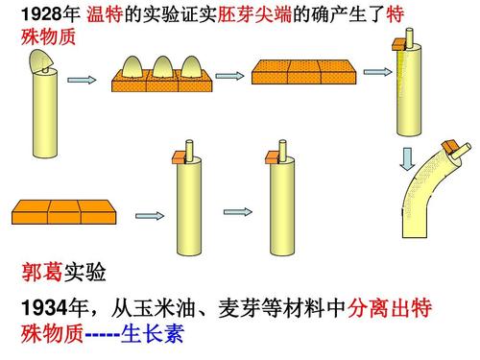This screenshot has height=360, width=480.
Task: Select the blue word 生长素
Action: (154, 336)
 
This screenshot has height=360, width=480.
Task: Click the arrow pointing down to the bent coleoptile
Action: (407, 156)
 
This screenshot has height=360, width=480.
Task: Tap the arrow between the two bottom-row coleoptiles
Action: (237, 210)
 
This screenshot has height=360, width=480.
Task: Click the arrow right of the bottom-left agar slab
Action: (148, 213)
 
